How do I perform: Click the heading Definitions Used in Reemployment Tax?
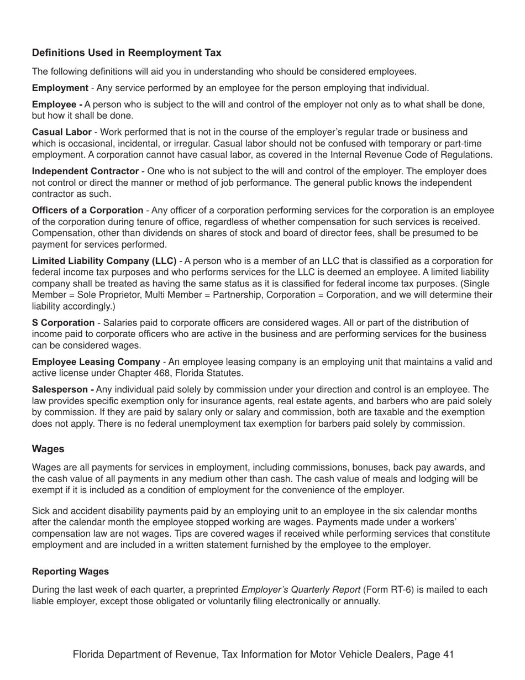pos(127,53)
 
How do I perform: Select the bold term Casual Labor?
pos(62,132)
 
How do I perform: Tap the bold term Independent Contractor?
pos(85,171)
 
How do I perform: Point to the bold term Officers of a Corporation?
pos(87,211)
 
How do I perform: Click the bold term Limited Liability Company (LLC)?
pos(104,261)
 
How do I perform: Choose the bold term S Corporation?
pos(63,323)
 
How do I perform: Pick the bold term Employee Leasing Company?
pos(96,362)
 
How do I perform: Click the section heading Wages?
pos(48,449)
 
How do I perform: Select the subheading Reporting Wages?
pos(70,572)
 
